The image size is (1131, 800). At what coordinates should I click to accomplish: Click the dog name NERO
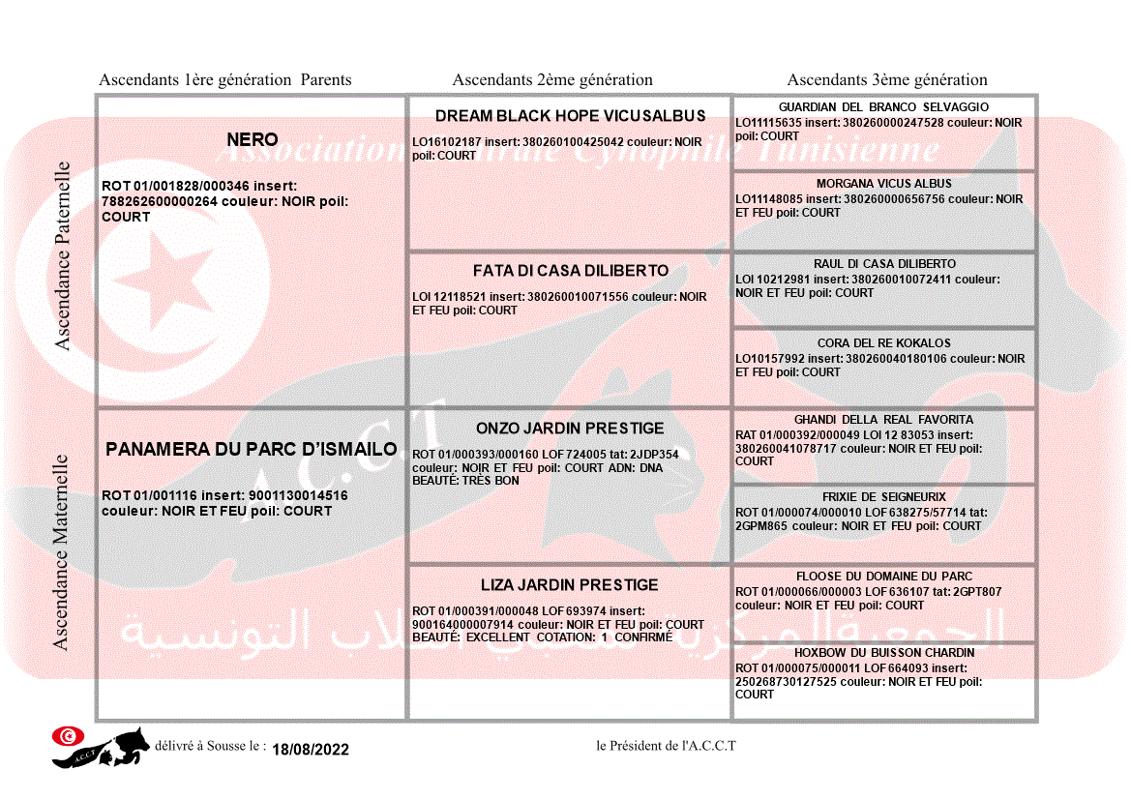[252, 140]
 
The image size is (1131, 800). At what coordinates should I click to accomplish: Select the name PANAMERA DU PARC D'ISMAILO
[252, 450]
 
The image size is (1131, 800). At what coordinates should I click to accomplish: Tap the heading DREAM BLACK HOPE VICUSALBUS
[570, 116]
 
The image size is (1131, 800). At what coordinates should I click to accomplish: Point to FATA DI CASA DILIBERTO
[570, 271]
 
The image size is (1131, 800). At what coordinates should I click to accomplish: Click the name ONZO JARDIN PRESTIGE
[570, 429]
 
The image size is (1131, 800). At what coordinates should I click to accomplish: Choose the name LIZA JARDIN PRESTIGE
[570, 585]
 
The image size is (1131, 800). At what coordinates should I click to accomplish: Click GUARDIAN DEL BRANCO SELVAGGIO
[883, 107]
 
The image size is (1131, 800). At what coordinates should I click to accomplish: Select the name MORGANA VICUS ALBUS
[883, 184]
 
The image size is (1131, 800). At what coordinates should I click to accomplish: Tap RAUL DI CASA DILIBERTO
[883, 264]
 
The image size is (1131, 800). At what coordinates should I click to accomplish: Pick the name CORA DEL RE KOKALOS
[883, 343]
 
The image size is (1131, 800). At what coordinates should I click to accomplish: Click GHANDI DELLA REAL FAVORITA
[883, 420]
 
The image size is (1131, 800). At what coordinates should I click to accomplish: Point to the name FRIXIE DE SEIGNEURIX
[883, 497]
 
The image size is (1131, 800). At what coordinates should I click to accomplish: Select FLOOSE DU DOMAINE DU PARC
[883, 577]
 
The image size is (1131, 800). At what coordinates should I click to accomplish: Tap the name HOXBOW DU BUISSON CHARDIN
[883, 653]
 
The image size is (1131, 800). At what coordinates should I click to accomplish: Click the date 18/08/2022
[310, 750]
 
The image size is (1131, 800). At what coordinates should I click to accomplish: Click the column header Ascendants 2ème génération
[552, 80]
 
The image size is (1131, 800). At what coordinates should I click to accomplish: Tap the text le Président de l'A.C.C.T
[666, 746]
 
